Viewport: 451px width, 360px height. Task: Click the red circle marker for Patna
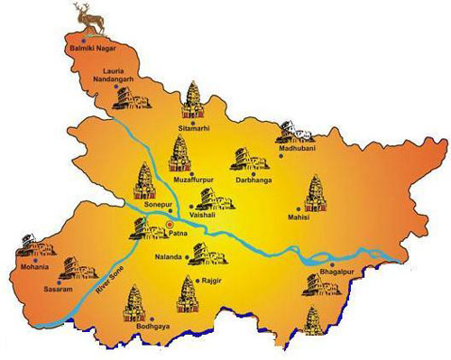(x=169, y=235)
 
